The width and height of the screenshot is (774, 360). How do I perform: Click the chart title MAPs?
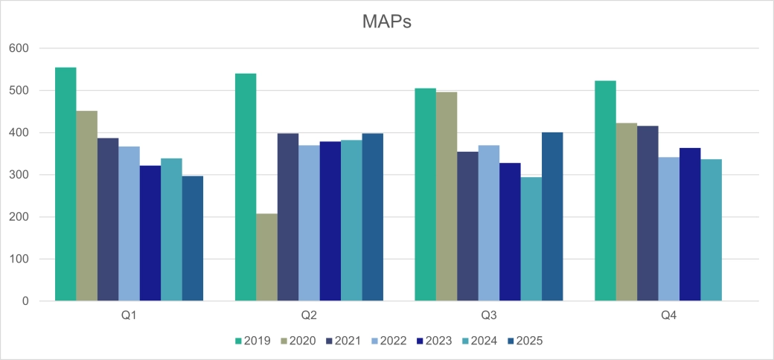[386, 22]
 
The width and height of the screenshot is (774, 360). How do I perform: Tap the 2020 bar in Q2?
[266, 257]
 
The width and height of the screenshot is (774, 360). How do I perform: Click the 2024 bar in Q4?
[711, 230]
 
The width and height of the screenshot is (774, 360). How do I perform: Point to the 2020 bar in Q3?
[447, 196]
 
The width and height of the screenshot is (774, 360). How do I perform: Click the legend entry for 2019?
[254, 341]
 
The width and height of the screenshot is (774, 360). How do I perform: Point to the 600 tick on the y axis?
[19, 48]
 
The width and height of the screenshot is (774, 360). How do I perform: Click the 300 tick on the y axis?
[19, 175]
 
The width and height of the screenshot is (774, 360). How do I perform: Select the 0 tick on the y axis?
[25, 301]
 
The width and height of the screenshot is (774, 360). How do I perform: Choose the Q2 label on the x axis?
[309, 315]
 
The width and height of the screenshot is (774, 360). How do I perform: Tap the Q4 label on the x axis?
[668, 315]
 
